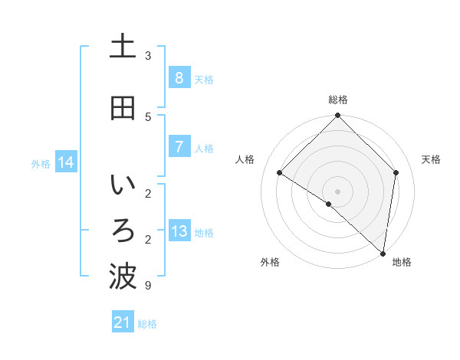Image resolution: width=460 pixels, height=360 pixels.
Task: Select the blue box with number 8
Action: pos(179,77)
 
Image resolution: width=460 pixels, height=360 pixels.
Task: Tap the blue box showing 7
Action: pos(179,146)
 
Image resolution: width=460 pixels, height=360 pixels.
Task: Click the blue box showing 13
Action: pos(179,231)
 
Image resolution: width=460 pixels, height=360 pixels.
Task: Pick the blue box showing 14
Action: pos(66,162)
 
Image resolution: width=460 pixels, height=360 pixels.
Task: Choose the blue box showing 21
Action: pos(123,322)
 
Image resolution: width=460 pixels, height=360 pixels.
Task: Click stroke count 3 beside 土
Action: pos(148,55)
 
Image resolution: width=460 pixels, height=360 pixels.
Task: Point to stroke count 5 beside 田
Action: pos(148,116)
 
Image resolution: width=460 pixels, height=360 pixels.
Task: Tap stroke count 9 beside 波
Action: pos(148,286)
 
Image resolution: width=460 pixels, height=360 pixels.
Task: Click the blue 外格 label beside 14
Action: pos(41,163)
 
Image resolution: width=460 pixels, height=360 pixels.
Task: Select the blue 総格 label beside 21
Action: pos(147,324)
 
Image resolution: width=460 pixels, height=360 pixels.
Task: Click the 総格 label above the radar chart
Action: pos(338,100)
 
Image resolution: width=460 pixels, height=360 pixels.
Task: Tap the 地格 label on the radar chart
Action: pos(402,262)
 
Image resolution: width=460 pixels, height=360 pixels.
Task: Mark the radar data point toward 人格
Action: pos(280,172)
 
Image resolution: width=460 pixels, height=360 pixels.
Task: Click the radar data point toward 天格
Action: pos(396,172)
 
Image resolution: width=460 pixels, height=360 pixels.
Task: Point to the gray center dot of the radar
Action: pos(338,191)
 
